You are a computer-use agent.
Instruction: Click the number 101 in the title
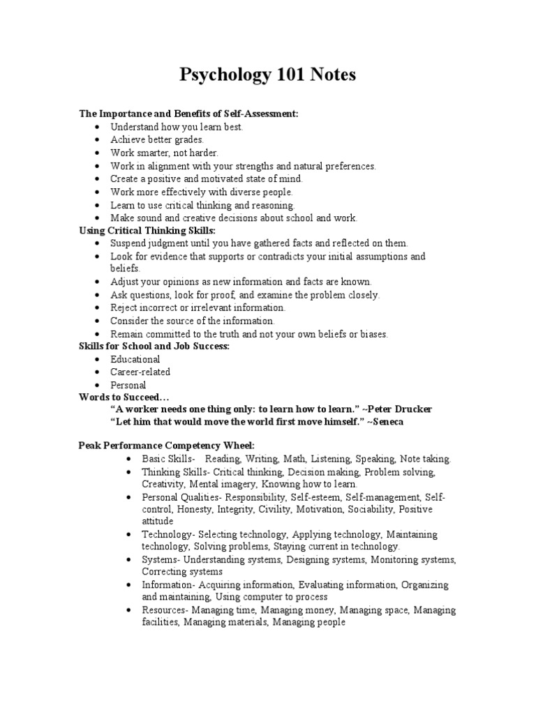pyautogui.click(x=295, y=75)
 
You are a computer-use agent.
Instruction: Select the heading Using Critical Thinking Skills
pyautogui.click(x=147, y=230)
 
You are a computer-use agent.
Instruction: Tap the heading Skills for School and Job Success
pyautogui.click(x=154, y=346)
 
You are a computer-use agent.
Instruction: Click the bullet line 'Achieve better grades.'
pyautogui.click(x=147, y=139)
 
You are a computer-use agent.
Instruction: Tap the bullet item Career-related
pyautogui.click(x=140, y=372)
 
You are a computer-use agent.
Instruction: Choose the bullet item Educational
pyautogui.click(x=135, y=359)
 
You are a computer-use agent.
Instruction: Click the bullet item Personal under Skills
pyautogui.click(x=128, y=385)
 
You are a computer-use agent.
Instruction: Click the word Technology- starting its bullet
pyautogui.click(x=167, y=534)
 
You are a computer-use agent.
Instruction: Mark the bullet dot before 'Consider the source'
pyautogui.click(x=96, y=321)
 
